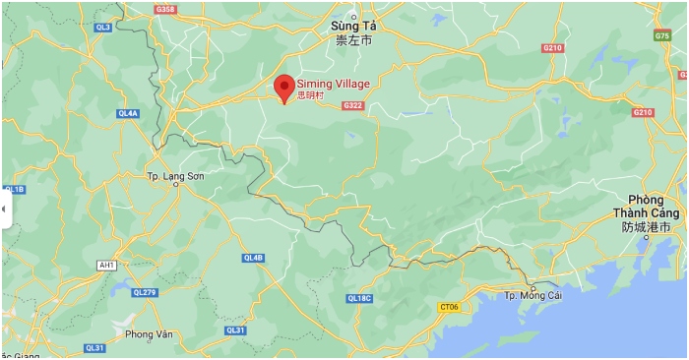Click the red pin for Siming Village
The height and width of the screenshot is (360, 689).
click(283, 87)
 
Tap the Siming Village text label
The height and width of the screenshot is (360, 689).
click(333, 84)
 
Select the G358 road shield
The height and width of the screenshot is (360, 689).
click(165, 10)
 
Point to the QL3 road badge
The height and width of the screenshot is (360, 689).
click(102, 28)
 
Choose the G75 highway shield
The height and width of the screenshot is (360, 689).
click(662, 35)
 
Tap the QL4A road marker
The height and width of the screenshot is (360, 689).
click(128, 113)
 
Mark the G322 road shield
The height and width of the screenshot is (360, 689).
click(352, 105)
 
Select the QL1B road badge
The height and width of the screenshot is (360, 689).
click(14, 189)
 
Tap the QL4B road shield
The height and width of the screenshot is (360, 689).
click(253, 258)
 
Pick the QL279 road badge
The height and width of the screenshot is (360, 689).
click(144, 292)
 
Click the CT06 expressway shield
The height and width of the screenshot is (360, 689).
click(449, 307)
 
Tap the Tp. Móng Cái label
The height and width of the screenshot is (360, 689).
click(532, 296)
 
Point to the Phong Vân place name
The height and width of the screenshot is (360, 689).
click(149, 334)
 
